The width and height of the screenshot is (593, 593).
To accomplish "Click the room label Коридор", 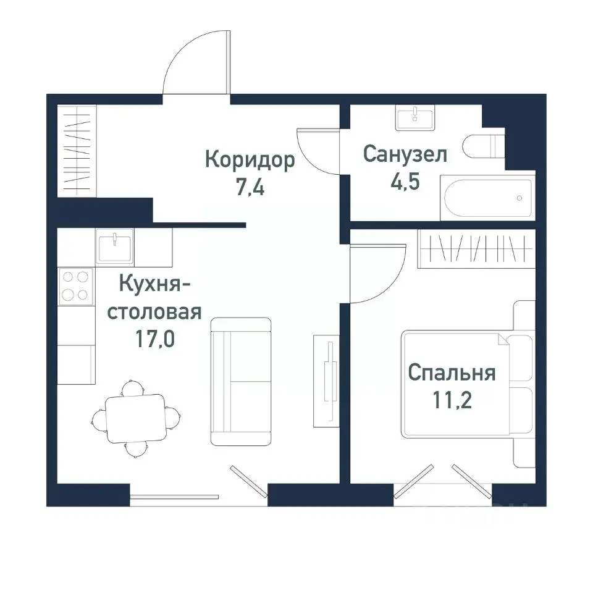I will [x=250, y=161].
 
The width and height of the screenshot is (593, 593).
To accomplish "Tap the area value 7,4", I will [x=250, y=187].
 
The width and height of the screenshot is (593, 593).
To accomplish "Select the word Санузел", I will [x=405, y=154].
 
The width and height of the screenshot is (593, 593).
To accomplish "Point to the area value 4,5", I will [x=405, y=182].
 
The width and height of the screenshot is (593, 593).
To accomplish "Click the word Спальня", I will [x=452, y=373].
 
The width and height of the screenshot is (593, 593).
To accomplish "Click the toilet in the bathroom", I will [x=485, y=146].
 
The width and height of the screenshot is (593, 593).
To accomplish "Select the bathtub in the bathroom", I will [x=486, y=198].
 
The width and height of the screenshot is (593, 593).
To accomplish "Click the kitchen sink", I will [x=115, y=246].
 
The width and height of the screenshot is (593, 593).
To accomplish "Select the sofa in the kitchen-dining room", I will [x=241, y=381].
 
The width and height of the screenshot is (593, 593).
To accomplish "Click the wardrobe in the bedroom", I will [x=476, y=249].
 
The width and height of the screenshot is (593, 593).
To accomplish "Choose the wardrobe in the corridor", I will [x=77, y=152].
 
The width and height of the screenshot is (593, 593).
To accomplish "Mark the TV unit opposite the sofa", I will [x=326, y=381].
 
